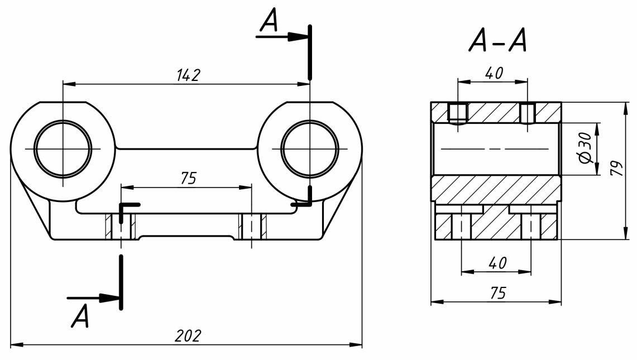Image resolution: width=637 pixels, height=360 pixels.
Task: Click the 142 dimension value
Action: pyautogui.click(x=188, y=75)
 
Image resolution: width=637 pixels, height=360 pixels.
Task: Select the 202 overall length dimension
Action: pyautogui.click(x=187, y=336)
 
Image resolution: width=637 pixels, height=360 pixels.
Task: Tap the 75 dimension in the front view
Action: pyautogui.click(x=189, y=178)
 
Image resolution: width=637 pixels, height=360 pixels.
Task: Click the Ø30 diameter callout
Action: pyautogui.click(x=584, y=148)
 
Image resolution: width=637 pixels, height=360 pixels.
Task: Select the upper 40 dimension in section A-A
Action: pyautogui.click(x=493, y=73)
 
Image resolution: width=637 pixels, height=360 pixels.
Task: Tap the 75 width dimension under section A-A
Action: pyautogui.click(x=496, y=293)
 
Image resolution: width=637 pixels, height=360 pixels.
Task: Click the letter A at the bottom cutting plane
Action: pyautogui.click(x=80, y=316)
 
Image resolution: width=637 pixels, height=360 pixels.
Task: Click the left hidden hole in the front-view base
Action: pyautogui.click(x=121, y=227)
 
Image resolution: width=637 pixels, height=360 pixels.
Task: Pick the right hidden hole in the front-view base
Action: pyautogui.click(x=252, y=227)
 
